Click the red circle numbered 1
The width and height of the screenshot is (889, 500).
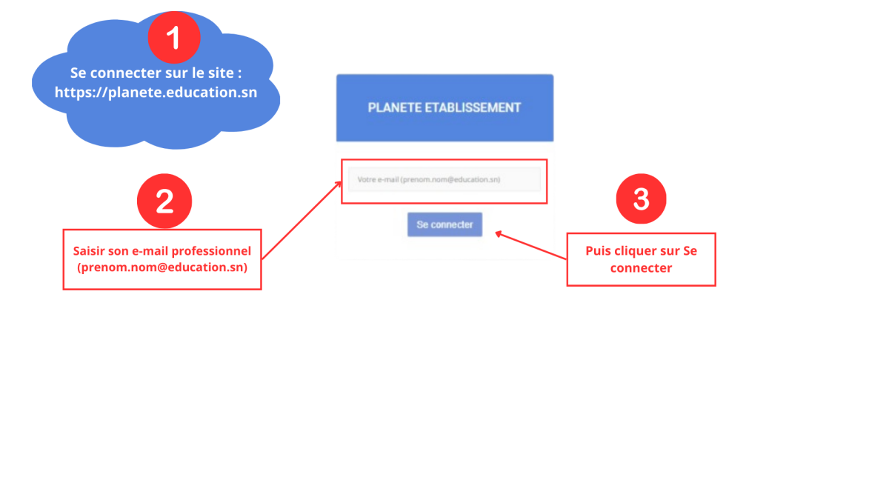click(174, 37)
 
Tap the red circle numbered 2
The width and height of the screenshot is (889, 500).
click(164, 201)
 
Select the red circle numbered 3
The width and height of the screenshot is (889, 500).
click(642, 199)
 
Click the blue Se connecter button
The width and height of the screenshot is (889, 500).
click(444, 224)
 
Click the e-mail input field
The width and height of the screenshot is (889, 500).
click(444, 180)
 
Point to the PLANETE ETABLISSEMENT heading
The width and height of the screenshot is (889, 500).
click(444, 107)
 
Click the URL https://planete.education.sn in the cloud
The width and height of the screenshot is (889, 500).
click(156, 93)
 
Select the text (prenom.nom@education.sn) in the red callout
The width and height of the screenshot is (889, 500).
click(162, 267)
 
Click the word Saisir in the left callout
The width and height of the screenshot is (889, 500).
click(89, 251)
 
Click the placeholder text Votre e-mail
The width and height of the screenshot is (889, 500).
click(377, 180)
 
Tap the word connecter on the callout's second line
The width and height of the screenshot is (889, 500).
click(641, 267)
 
